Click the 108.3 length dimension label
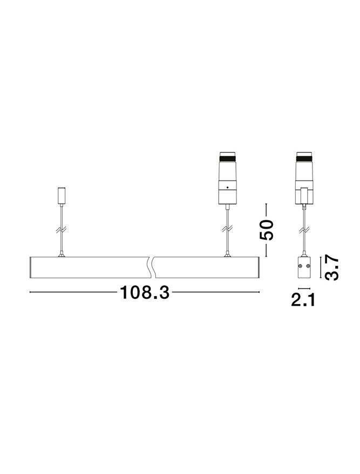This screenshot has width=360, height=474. (x=144, y=292)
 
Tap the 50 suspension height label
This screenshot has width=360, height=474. (x=266, y=229)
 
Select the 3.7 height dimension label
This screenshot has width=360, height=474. (x=331, y=267)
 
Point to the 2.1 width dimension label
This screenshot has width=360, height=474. (x=303, y=300)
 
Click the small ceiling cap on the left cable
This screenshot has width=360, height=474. (x=62, y=196)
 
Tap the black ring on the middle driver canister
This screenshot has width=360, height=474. (x=227, y=158)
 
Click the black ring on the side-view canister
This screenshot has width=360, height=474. (x=304, y=158)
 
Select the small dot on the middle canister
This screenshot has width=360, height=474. (x=227, y=188)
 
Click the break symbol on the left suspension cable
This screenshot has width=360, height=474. (x=62, y=230)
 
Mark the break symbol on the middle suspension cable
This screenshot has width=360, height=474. (x=227, y=229)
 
